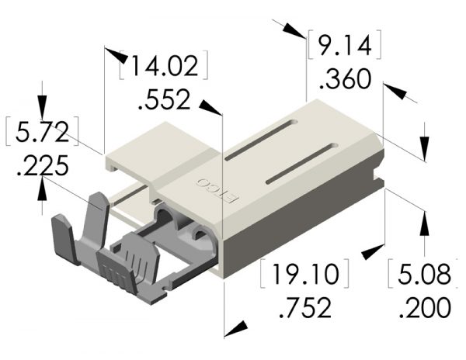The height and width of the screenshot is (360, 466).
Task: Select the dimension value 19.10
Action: pos(304,275)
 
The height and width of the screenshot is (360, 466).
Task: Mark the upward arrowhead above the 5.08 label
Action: pos(424,221)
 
